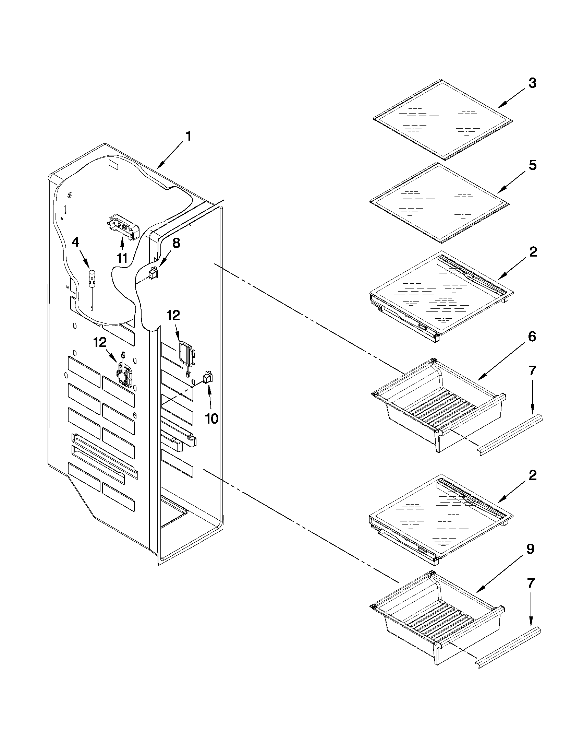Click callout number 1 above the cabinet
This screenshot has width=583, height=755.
(x=188, y=137)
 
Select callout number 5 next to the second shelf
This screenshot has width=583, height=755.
(x=532, y=165)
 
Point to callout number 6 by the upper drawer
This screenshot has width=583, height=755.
(x=532, y=337)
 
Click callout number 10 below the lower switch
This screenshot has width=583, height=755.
(x=211, y=418)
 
